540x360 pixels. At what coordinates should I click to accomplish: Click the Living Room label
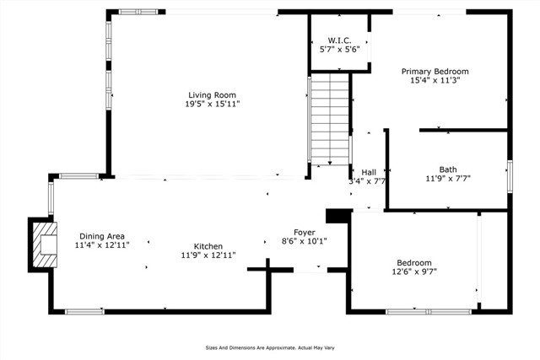point(212,95)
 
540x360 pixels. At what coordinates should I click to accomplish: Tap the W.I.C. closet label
point(339,40)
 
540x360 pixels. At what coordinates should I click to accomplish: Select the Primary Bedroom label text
point(435,72)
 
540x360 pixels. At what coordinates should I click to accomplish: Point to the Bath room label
point(448,169)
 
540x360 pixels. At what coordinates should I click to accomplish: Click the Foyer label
point(305,233)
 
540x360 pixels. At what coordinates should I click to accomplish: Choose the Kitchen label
point(208,246)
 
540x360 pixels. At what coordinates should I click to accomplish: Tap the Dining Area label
point(102,236)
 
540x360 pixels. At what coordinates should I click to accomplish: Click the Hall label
point(369,172)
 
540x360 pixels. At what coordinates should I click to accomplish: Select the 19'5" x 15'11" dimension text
point(212,104)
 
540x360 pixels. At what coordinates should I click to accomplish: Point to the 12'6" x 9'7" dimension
point(414,271)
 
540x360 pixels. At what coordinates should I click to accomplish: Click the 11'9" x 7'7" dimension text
point(448,178)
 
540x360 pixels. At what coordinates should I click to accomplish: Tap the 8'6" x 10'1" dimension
point(305,241)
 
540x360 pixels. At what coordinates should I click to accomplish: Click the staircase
point(330,119)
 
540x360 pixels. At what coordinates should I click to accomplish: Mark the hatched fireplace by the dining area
point(43,244)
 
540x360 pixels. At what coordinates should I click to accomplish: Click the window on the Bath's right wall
point(510,176)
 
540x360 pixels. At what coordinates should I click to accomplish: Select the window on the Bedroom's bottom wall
point(429,312)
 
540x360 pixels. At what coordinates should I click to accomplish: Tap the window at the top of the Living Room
point(138,12)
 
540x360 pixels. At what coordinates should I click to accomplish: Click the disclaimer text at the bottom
point(270,348)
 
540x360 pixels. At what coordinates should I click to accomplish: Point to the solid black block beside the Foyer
point(339,216)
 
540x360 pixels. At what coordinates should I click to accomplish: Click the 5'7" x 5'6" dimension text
point(339,49)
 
